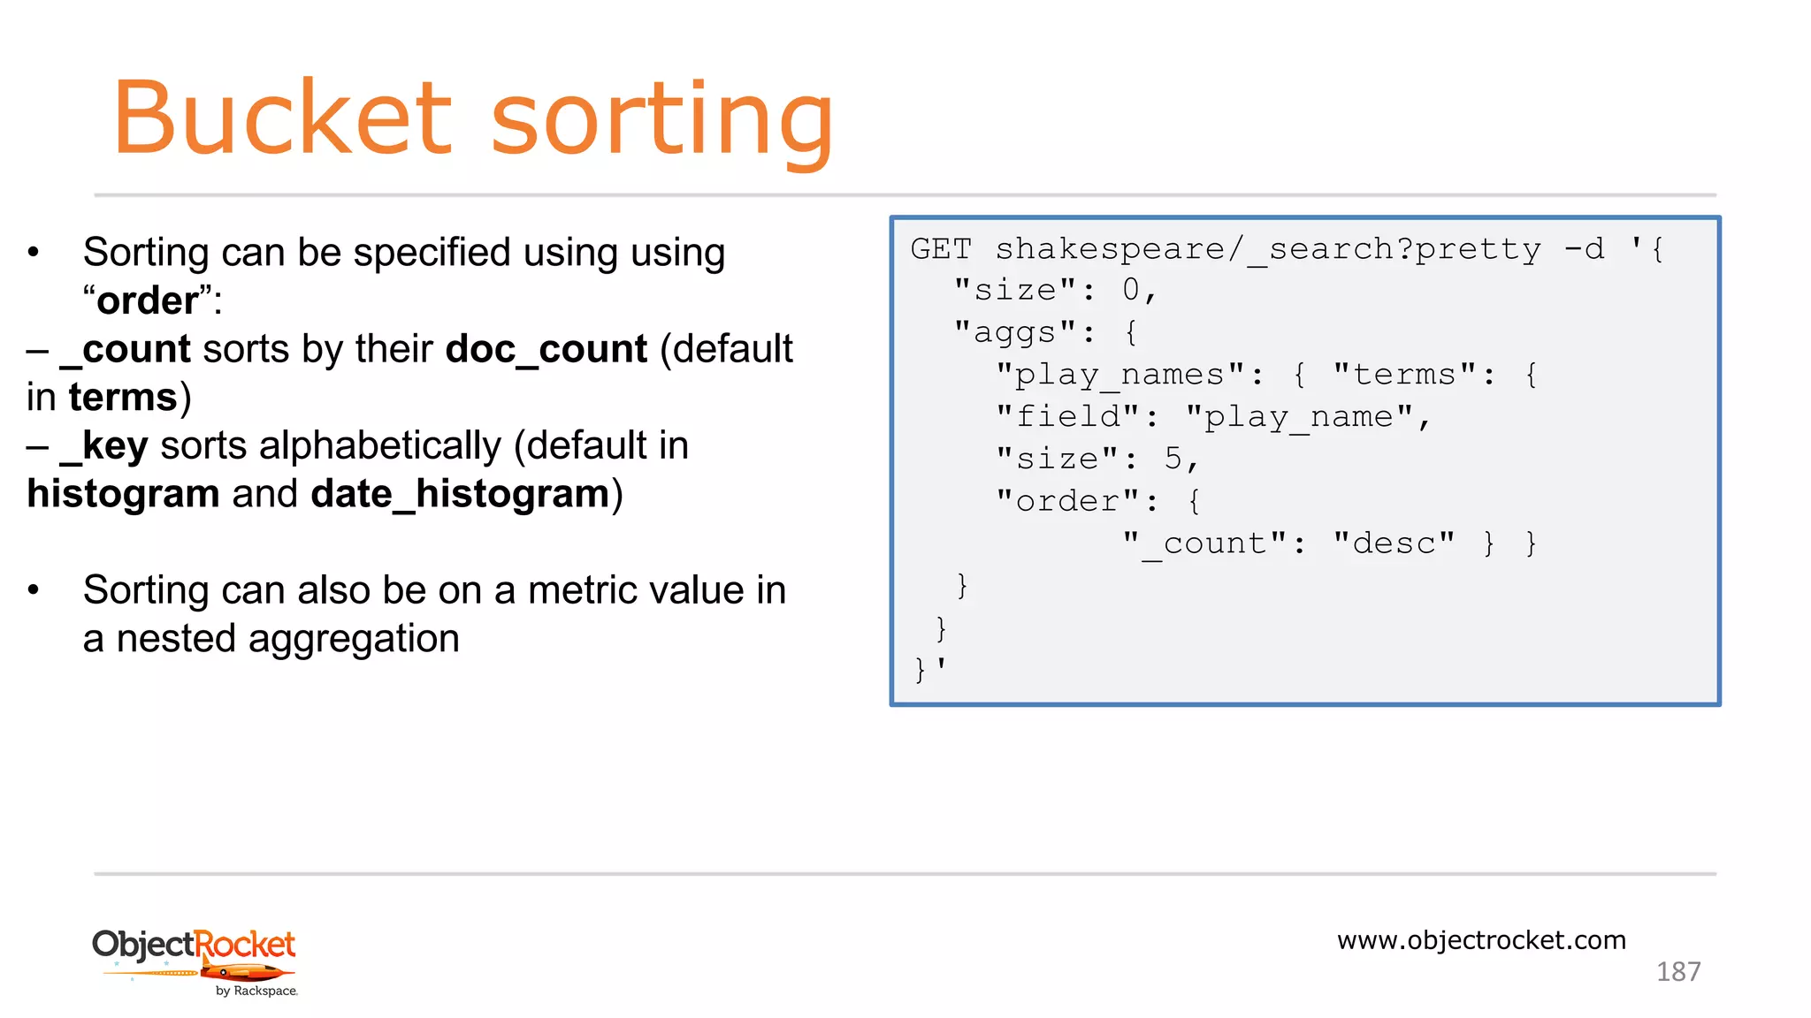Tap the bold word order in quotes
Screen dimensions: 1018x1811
147,301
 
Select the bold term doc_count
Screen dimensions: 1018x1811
546,349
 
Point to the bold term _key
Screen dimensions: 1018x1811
103,446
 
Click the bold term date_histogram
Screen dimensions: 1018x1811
460,494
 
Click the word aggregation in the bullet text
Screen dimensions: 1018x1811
354,639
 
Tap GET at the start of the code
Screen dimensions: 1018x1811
940,249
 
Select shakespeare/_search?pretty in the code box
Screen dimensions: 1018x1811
1268,250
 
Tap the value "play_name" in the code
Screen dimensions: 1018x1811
1299,416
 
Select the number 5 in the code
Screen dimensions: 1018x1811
1173,459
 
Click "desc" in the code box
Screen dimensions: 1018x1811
1394,543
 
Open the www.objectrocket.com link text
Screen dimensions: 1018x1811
1481,939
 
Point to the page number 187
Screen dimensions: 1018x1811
1677,972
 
